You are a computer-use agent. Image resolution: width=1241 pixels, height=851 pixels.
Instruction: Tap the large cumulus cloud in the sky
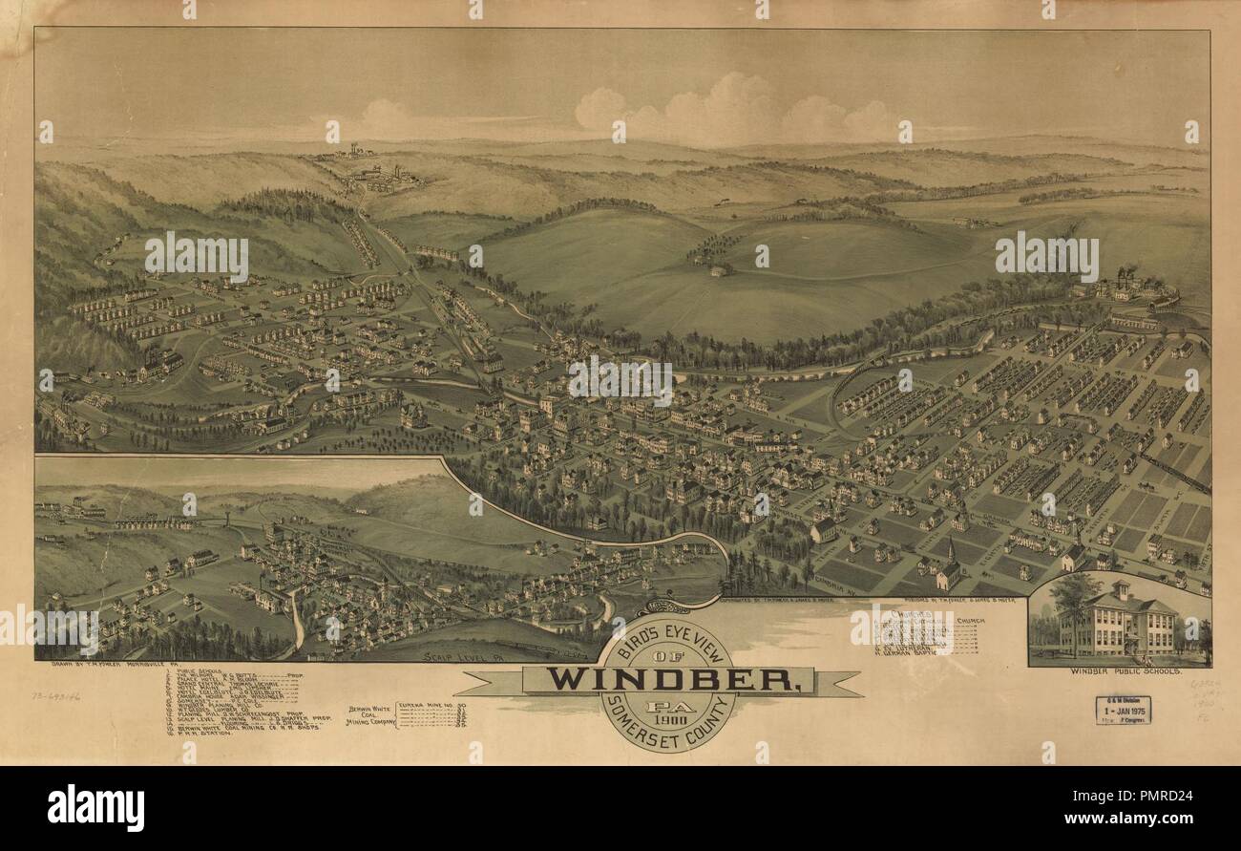735,110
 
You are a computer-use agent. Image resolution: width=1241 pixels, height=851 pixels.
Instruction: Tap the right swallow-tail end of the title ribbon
845,683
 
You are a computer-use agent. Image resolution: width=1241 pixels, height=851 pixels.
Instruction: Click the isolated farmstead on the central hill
719,271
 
